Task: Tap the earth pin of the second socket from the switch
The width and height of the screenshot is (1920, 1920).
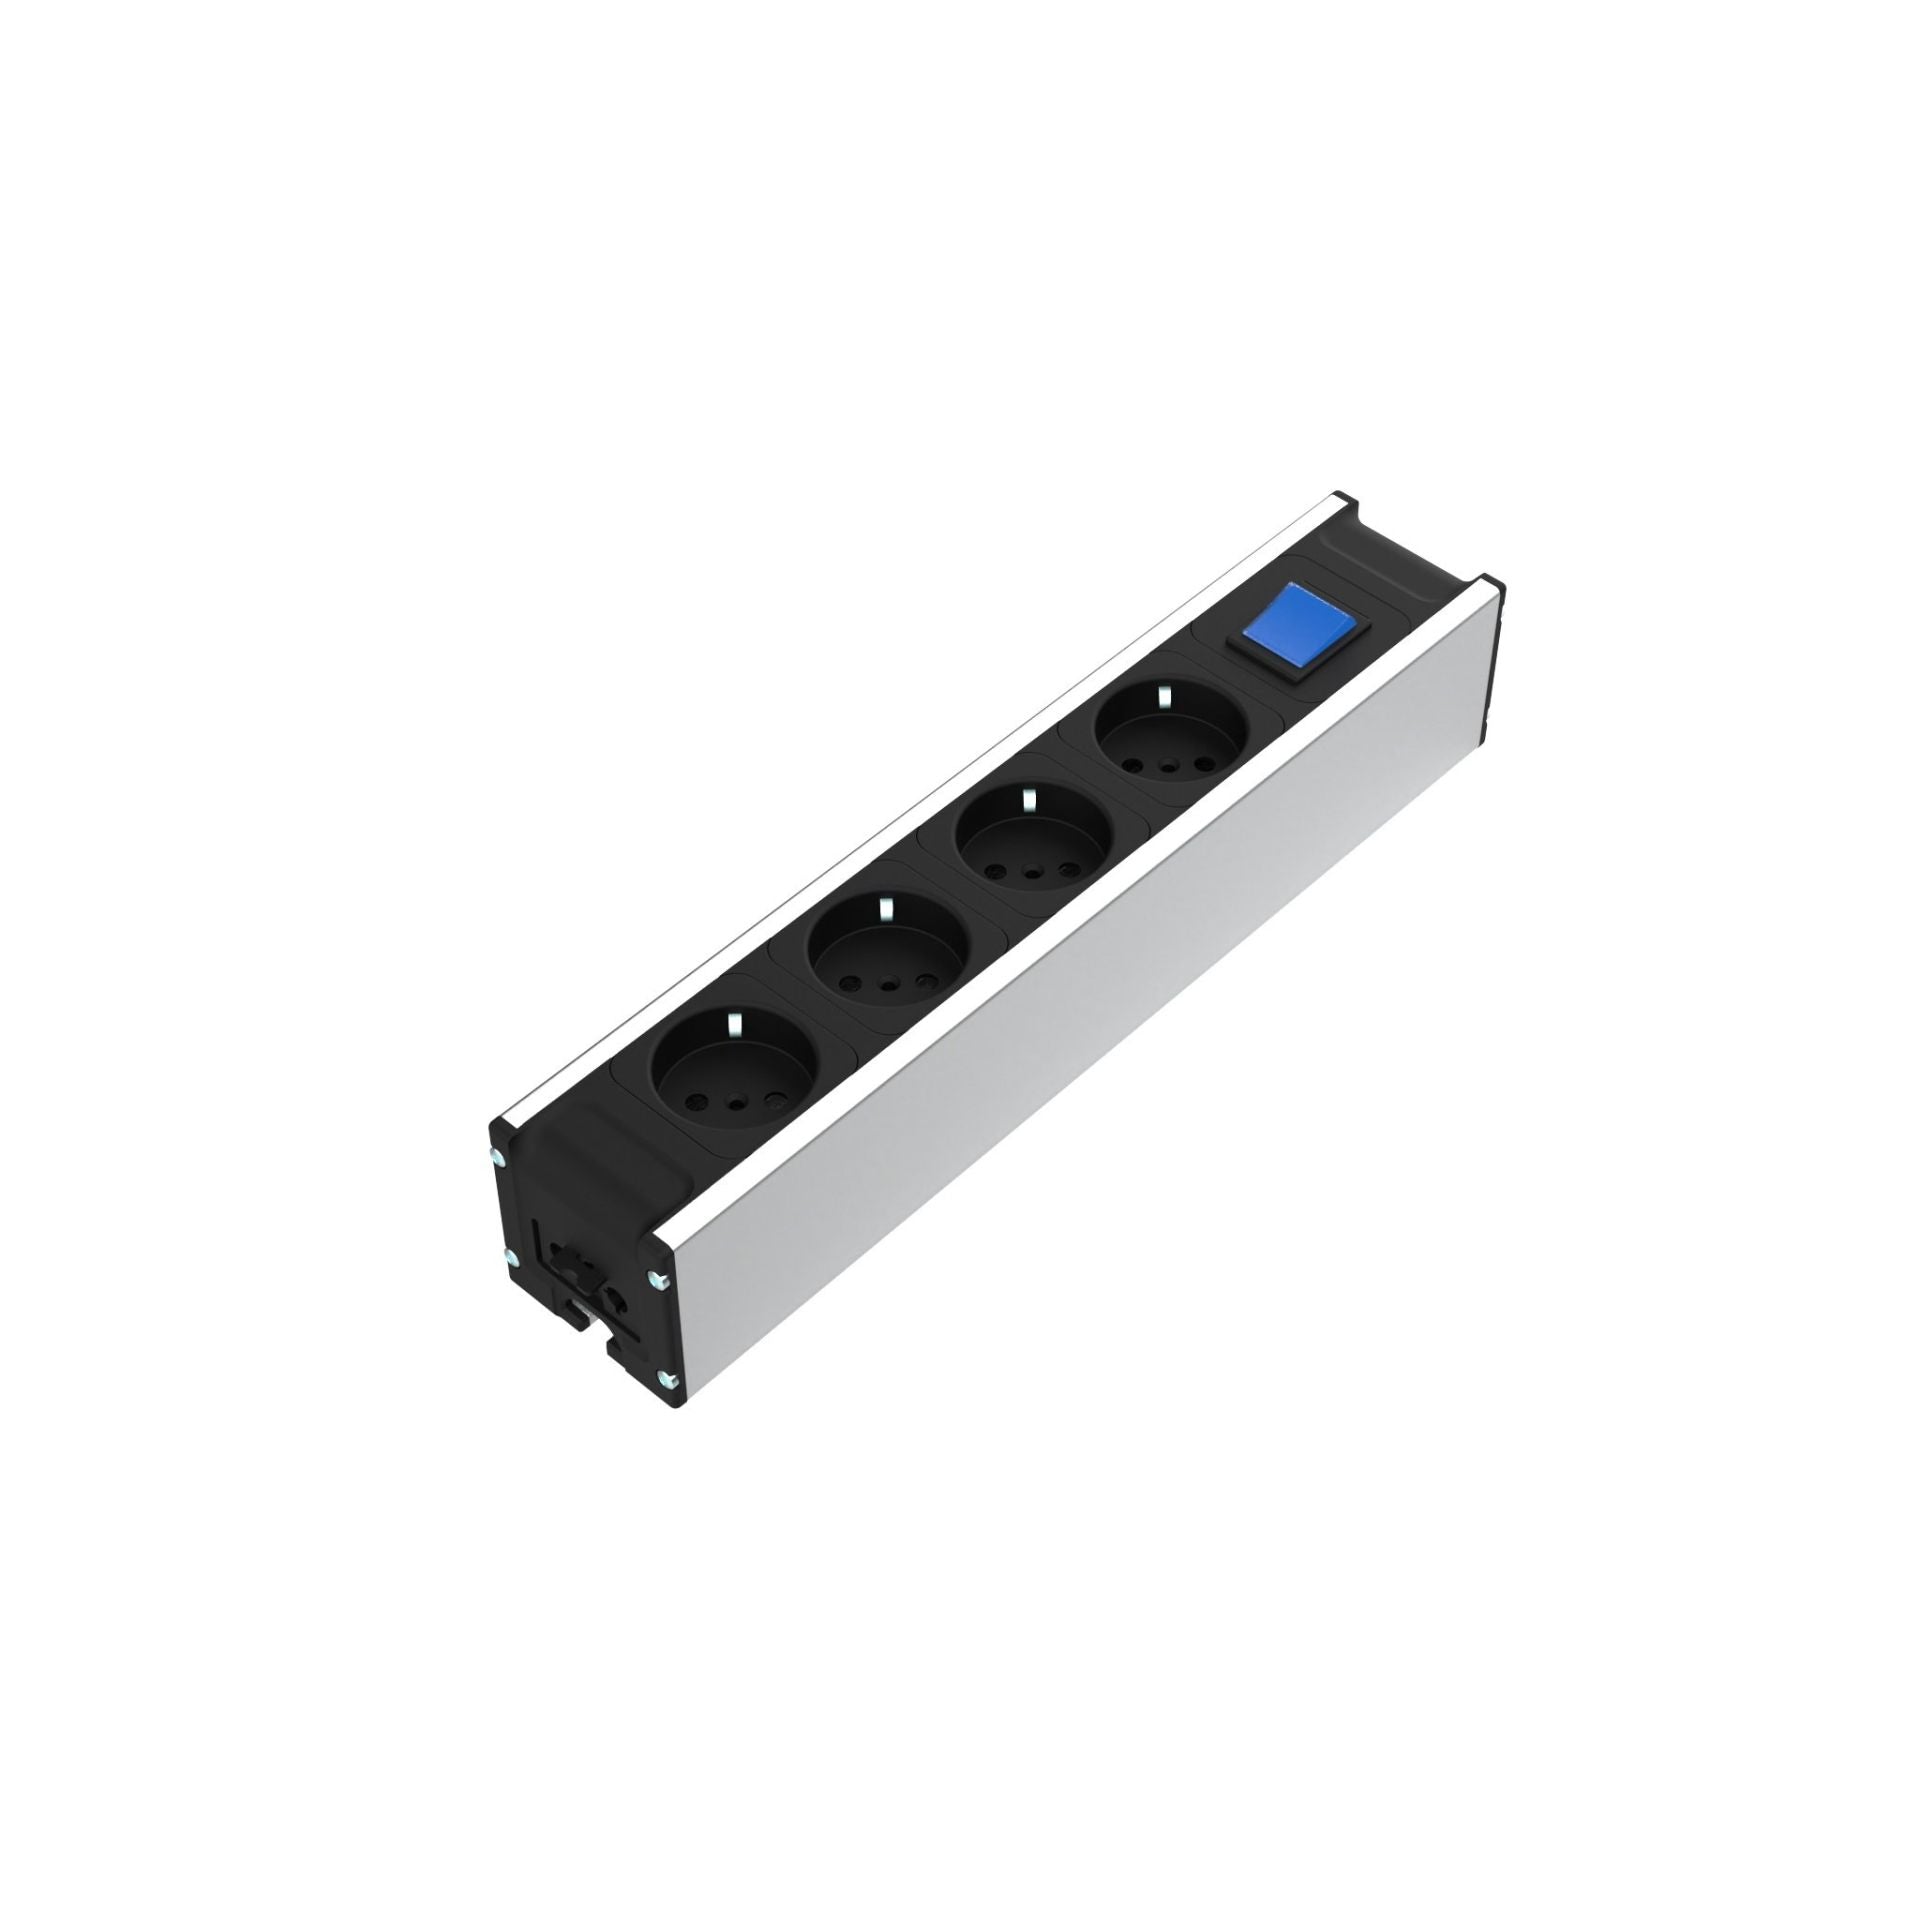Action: pyautogui.click(x=1027, y=799)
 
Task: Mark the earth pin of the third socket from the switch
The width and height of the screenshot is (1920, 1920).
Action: pyautogui.click(x=884, y=909)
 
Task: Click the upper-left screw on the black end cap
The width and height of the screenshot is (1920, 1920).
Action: pyautogui.click(x=497, y=1158)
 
